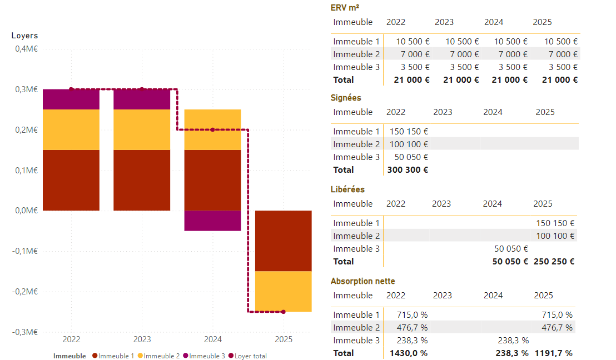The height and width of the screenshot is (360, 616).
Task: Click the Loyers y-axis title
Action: click(x=24, y=36)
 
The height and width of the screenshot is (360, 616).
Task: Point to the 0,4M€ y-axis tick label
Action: click(x=26, y=49)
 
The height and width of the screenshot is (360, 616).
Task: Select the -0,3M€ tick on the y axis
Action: click(x=25, y=332)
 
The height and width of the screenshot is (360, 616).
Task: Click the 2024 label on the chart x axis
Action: click(x=212, y=339)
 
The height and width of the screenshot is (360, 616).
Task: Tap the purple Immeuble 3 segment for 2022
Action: click(x=71, y=99)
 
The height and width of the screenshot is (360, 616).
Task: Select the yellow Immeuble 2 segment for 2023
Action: click(x=142, y=129)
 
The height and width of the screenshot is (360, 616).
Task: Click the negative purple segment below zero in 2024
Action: click(x=212, y=221)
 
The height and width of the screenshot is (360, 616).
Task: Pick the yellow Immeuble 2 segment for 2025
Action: click(x=283, y=291)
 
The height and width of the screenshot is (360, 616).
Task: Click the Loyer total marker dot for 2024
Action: click(x=212, y=129)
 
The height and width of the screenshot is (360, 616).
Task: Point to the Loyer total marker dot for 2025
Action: click(x=283, y=312)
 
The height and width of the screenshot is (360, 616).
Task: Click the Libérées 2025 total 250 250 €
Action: click(x=554, y=262)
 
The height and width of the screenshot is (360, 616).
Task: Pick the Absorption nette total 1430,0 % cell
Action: click(x=408, y=353)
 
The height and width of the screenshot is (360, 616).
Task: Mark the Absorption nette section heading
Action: click(x=362, y=281)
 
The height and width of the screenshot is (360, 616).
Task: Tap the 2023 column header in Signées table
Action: click(x=443, y=112)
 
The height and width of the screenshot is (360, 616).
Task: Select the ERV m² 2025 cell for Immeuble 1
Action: click(x=560, y=42)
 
